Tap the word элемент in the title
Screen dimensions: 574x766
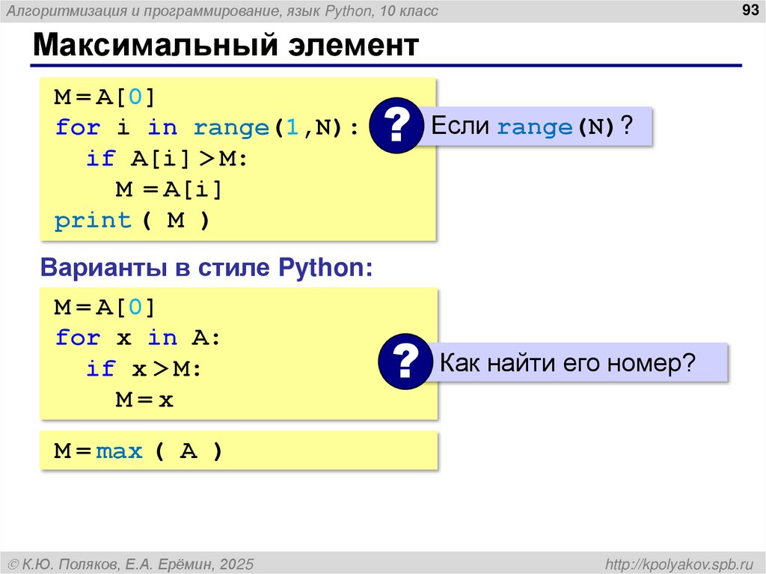[353, 46]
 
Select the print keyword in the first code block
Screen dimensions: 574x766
[93, 221]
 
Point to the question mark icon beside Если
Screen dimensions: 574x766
[396, 126]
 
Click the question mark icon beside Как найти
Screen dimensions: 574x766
[405, 363]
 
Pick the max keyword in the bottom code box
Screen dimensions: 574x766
[119, 452]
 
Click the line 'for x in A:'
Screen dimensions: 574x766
[138, 338]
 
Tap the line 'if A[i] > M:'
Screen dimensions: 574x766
[166, 159]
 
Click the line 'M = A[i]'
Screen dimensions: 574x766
[169, 190]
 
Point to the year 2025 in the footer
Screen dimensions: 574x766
[236, 563]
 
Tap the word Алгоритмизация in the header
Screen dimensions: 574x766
[65, 10]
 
